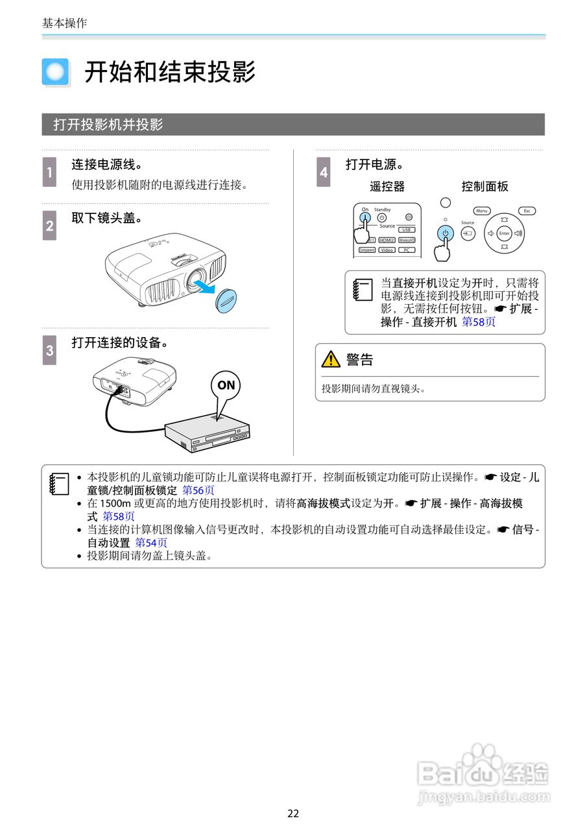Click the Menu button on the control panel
[x=481, y=211]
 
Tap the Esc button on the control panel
[x=527, y=211]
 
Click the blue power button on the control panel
[x=445, y=233]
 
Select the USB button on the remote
[x=407, y=230]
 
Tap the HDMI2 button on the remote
[x=387, y=240]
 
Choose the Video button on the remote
[x=387, y=250]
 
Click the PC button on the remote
[x=407, y=250]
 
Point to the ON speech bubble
[x=226, y=385]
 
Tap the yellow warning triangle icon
[x=331, y=359]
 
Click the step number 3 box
[x=49, y=350]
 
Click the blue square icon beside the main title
[x=56, y=72]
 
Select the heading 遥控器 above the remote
[x=387, y=187]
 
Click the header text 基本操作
[x=64, y=23]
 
